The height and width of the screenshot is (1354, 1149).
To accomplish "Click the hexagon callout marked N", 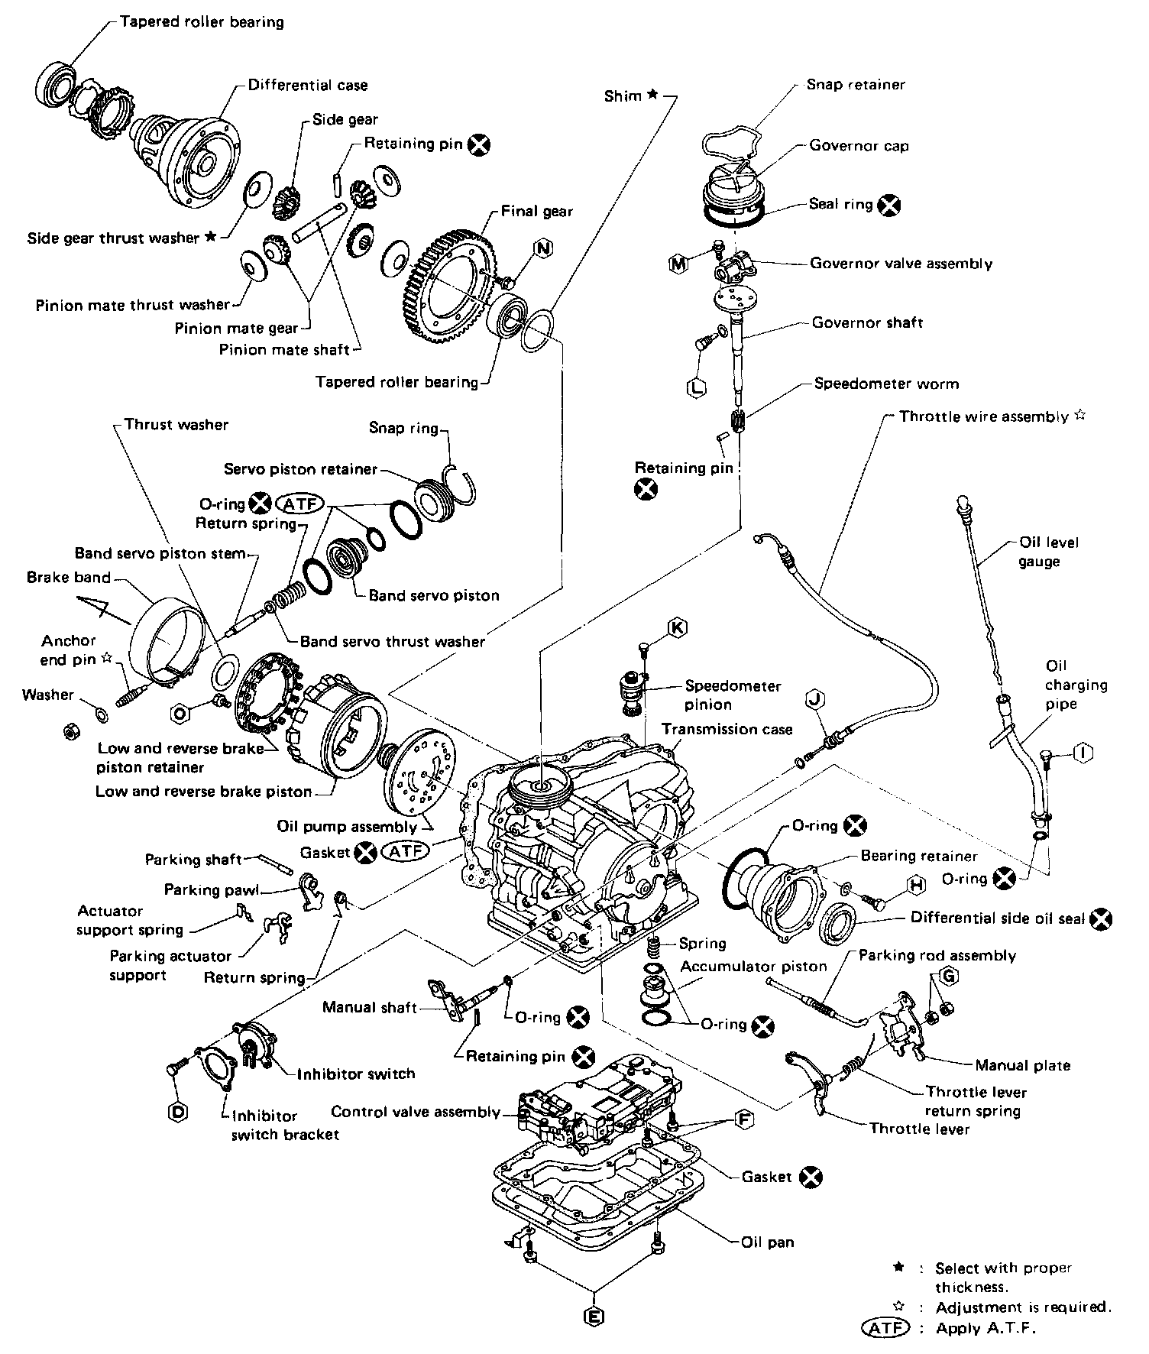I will (x=543, y=248).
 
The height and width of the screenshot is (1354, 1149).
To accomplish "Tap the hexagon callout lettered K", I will (x=677, y=628).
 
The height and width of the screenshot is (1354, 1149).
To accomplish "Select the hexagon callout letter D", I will (x=177, y=1113).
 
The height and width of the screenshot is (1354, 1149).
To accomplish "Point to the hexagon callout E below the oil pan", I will (x=593, y=1316).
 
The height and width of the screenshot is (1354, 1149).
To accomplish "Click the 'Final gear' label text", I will (x=536, y=212).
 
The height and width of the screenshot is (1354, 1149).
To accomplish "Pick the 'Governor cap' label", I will (x=859, y=146).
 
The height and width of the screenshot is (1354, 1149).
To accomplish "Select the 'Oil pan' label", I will (x=768, y=1242).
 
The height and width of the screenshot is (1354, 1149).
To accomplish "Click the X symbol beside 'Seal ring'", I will (x=888, y=205).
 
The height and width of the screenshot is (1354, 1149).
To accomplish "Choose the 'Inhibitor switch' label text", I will (x=356, y=1074).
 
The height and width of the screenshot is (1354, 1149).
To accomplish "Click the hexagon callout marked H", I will (x=916, y=886).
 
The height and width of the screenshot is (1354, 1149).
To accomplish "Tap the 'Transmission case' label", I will (x=727, y=729).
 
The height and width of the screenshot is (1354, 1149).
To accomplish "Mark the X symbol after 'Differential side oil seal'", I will (x=1101, y=919).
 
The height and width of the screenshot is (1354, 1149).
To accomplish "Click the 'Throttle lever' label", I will (x=919, y=1129).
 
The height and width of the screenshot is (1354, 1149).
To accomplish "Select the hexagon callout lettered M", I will (x=678, y=264).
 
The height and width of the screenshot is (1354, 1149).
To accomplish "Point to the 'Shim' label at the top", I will (x=623, y=96).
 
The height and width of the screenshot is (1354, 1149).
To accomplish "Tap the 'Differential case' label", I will (x=307, y=85).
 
